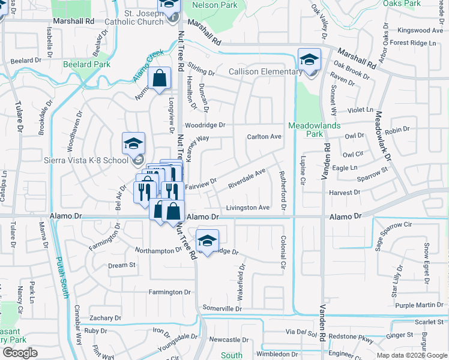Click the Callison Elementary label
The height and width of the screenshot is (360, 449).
(x=265, y=72)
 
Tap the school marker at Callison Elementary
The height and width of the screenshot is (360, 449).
(x=309, y=60)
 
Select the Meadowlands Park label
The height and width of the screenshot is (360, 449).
(x=315, y=130)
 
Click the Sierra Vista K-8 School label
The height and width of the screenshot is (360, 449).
(x=86, y=160)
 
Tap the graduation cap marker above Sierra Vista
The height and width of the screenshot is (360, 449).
(x=134, y=144)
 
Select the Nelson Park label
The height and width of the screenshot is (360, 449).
(x=214, y=5)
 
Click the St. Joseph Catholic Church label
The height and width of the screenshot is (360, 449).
(x=143, y=17)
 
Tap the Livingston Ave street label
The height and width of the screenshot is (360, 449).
(x=247, y=208)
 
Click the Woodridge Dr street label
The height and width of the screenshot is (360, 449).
(x=205, y=125)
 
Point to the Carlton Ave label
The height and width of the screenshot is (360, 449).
(x=264, y=137)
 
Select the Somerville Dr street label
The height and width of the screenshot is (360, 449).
(x=221, y=308)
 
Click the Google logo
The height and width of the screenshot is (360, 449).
(x=20, y=353)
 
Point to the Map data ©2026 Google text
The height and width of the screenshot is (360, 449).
(x=411, y=355)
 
